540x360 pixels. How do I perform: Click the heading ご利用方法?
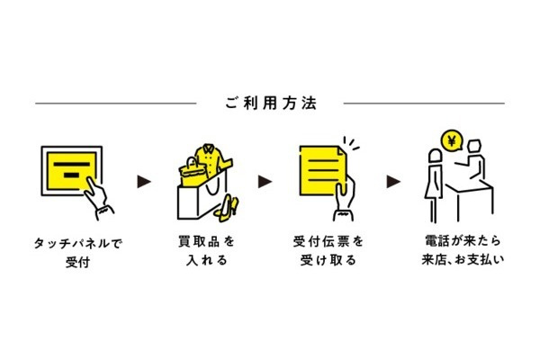click(269, 103)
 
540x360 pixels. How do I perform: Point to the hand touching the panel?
click(101, 200)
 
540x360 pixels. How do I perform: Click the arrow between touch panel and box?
click(143, 182)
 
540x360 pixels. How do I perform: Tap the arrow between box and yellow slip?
click(265, 182)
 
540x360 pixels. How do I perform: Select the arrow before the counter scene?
click(392, 182)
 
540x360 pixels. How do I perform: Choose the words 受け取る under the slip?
click(328, 263)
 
